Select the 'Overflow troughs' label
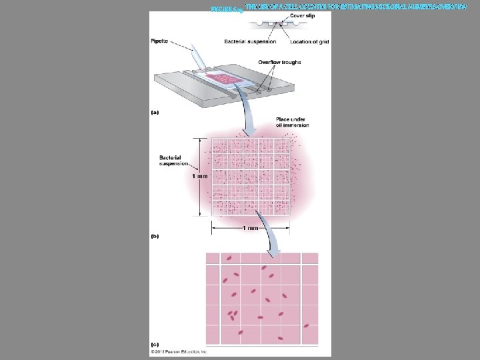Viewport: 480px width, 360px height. click(279, 63)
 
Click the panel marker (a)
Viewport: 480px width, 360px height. click(155, 113)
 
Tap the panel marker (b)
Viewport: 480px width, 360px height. click(155, 235)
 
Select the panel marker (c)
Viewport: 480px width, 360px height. click(155, 344)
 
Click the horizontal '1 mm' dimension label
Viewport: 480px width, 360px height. click(250, 228)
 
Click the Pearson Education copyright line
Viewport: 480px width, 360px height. click(179, 351)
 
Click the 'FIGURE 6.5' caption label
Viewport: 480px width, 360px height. click(226, 9)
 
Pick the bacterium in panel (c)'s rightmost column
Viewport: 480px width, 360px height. click(306, 325)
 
